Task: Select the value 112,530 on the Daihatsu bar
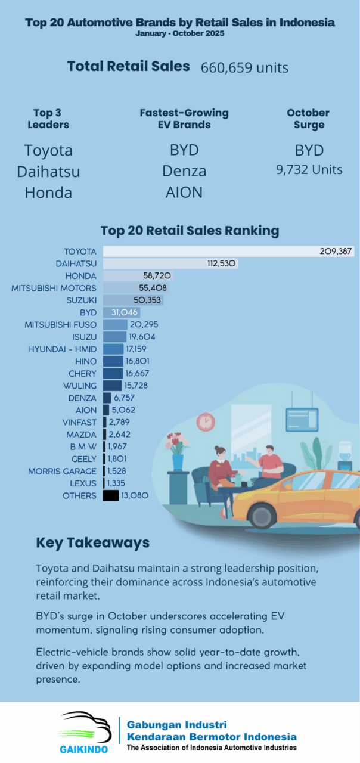coord(222,263)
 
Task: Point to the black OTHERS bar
coord(111,495)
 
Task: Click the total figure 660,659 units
coord(244,67)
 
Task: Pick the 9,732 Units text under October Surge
coord(309,170)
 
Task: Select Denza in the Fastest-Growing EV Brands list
coord(184,171)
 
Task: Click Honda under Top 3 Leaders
coord(48,193)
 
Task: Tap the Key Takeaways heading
coord(92,543)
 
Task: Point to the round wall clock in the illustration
coord(205,422)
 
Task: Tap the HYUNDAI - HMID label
coord(62,349)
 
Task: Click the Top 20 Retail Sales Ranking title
coord(190,230)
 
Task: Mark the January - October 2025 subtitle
coord(180,33)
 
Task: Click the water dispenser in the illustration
coord(345,456)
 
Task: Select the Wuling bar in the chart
coord(112,386)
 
